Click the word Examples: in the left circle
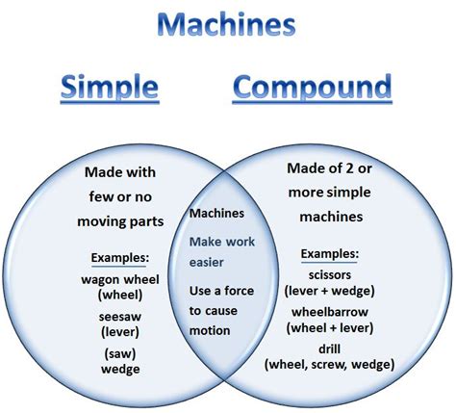pos(119,258)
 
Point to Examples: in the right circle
pos(329,253)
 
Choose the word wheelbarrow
pos(330,310)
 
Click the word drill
pos(330,347)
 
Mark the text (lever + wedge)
pos(330,290)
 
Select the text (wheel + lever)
pos(330,327)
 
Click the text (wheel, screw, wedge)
pos(330,364)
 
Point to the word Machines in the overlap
pos(217,213)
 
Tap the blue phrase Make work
pos(221,242)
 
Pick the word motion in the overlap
pos(210,330)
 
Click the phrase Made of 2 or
pos(330,168)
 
